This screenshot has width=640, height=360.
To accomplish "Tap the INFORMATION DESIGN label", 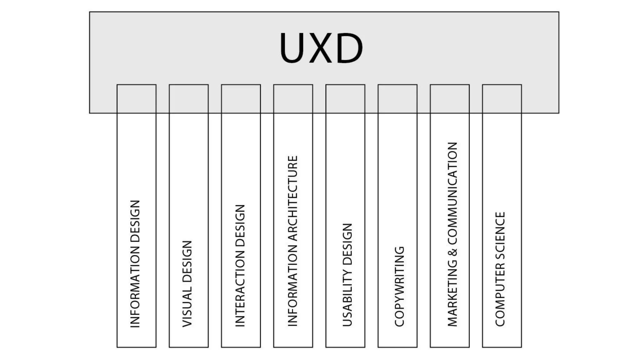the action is (135, 264).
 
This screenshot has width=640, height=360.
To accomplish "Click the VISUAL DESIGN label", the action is (187, 284).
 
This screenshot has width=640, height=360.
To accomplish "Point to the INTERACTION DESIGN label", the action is (240, 266).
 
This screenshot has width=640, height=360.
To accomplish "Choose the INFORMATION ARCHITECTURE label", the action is (292, 241).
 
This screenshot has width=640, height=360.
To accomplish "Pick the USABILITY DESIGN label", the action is (347, 275).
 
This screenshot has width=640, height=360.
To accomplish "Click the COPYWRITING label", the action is (399, 287).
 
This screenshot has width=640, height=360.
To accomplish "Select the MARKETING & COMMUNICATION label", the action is (452, 234).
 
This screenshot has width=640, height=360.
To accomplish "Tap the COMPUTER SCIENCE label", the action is (500, 269).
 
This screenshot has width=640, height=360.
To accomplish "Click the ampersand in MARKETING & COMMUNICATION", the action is (452, 251).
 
